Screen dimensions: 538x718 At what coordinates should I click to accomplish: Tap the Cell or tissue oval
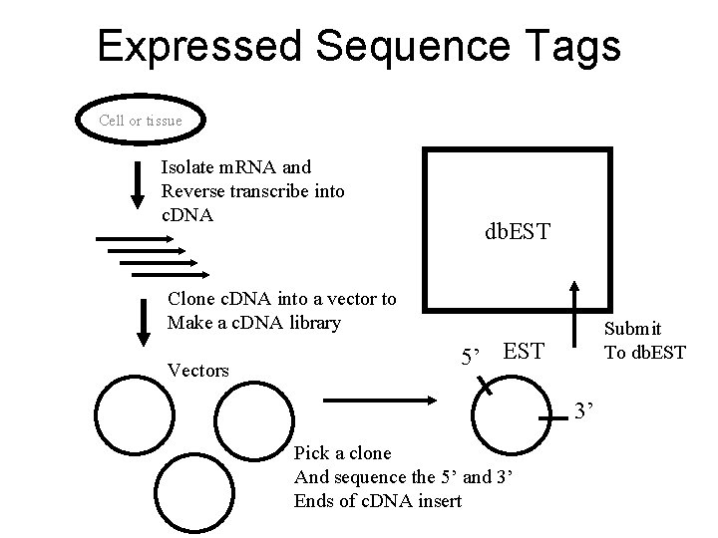pyautogui.click(x=141, y=121)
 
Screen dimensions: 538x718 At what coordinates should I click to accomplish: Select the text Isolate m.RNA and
pyautogui.click(x=235, y=167)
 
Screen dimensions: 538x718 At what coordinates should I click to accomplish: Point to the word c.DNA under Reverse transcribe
pyautogui.click(x=187, y=213)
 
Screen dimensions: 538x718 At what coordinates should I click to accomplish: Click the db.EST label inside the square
pyautogui.click(x=517, y=232)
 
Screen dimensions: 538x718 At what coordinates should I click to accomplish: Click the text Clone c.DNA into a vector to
pyautogui.click(x=282, y=299)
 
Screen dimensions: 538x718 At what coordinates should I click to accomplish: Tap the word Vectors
pyautogui.click(x=198, y=370)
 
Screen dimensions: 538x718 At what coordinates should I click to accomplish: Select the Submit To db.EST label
pyautogui.click(x=644, y=340)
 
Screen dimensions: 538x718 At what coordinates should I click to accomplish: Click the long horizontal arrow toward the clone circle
pyautogui.click(x=384, y=402)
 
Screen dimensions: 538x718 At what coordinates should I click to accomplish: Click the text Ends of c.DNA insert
pyautogui.click(x=378, y=500)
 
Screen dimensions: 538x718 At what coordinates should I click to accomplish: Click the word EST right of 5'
pyautogui.click(x=525, y=351)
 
